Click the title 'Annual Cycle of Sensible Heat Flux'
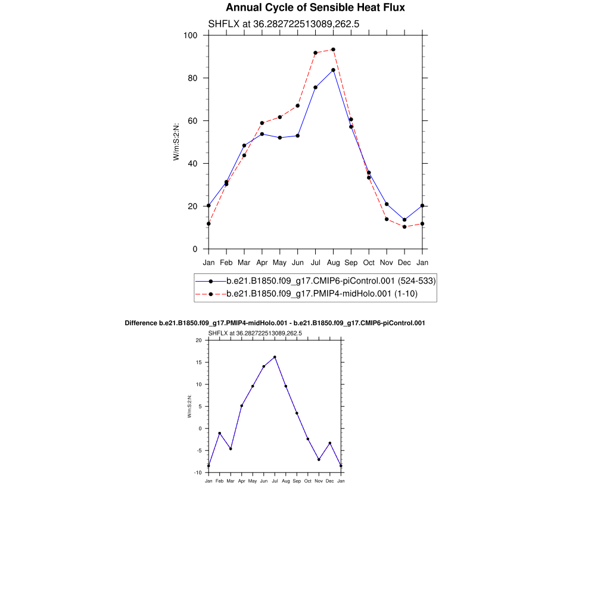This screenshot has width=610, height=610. pos(315,8)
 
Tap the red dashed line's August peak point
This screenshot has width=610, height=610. pos(333,49)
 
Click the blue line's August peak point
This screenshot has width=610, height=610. pos(333,70)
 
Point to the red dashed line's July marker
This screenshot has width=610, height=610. pos(315,53)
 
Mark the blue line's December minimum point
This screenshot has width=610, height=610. pos(404,220)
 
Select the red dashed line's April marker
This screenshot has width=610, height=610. pos(262,123)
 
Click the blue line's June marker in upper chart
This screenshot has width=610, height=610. pos(297,136)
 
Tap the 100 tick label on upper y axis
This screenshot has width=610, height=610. pos(191,35)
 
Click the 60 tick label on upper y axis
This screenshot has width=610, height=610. pos(193,121)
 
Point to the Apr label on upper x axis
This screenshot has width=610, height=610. pos(262,262)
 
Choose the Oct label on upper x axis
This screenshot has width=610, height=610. pos(369,262)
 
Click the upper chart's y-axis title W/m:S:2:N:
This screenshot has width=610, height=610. pos(176,142)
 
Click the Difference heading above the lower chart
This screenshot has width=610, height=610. pos(275,323)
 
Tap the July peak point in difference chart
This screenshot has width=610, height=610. pos(275,357)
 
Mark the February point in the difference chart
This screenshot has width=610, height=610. pos(220,433)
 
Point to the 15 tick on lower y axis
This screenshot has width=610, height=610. pos(200,362)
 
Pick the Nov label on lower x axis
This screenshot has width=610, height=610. pos(319,480)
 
